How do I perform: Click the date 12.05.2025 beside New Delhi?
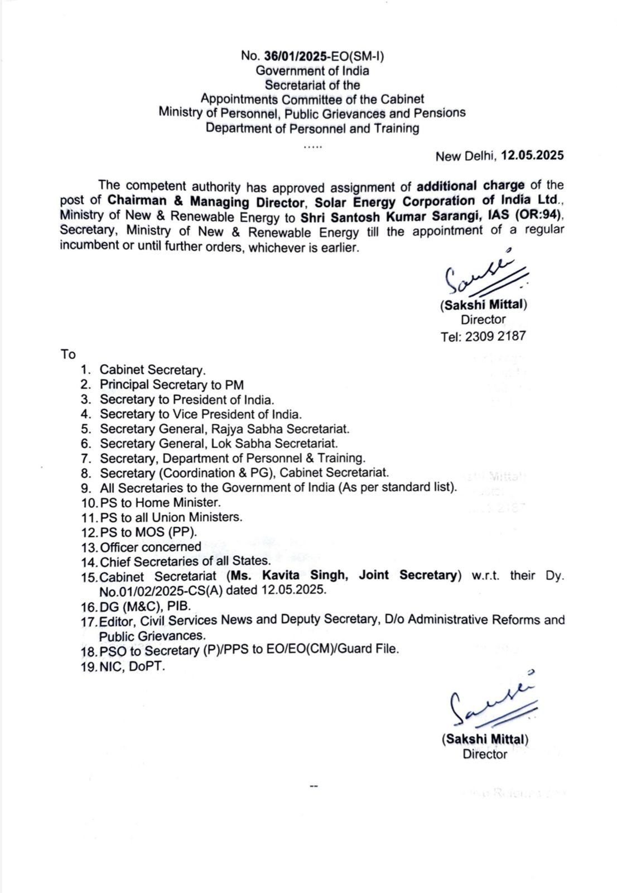tap(532, 155)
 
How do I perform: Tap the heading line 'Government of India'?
tap(312, 70)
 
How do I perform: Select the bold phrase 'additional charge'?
tap(471, 185)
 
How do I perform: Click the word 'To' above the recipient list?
tap(68, 354)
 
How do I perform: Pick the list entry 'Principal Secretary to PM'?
tap(172, 385)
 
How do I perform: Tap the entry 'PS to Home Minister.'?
tap(160, 502)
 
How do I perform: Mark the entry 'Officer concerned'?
tap(151, 547)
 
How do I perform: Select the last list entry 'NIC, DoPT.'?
tap(132, 666)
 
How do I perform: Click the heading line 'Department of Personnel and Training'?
tap(312, 128)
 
